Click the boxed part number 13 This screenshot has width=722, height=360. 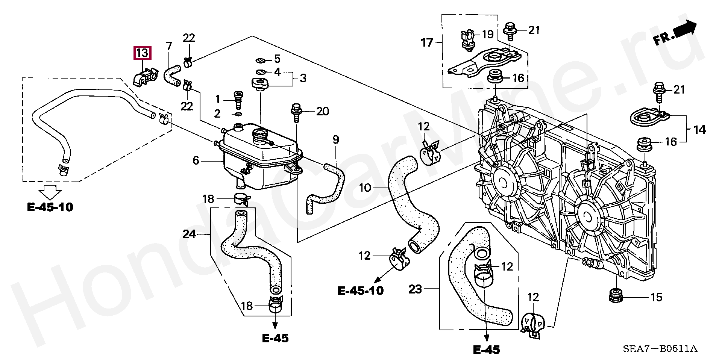tap(142, 53)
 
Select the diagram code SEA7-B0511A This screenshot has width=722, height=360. tap(660, 349)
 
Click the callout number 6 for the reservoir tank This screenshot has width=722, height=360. tap(196, 160)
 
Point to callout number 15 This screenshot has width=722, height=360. tap(656, 297)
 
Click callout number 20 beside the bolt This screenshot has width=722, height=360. tap(323, 111)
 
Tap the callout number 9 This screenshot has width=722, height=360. tap(336, 140)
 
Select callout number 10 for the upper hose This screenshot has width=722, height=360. tap(365, 188)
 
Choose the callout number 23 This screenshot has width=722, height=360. tap(415, 289)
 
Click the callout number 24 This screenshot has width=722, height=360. tap(189, 234)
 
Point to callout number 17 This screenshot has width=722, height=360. tap(427, 42)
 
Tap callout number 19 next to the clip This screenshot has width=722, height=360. tap(487, 35)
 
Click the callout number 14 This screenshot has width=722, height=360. tap(699, 130)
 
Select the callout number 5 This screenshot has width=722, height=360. tap(277, 59)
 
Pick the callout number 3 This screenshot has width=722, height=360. tap(303, 78)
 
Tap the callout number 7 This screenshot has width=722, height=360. tap(169, 47)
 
